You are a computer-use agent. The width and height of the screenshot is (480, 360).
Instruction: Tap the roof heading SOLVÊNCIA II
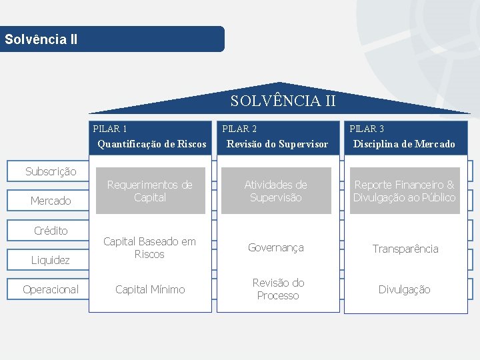[x=283, y=101]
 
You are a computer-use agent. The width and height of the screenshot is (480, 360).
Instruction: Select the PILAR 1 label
[x=110, y=129]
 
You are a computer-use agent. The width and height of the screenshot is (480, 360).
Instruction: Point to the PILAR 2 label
[x=239, y=129]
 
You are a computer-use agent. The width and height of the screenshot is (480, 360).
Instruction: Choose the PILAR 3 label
[x=367, y=129]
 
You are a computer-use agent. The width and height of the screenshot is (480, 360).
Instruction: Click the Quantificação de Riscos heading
[x=152, y=144]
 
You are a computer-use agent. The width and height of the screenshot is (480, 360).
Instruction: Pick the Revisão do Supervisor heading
[x=277, y=144]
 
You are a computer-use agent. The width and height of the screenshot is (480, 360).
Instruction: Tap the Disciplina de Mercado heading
[x=404, y=144]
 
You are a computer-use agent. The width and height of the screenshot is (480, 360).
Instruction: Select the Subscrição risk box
[x=51, y=171]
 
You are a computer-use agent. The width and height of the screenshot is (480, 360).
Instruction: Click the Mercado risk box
[x=51, y=201]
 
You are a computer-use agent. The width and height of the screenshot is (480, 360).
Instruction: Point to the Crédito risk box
[x=51, y=231]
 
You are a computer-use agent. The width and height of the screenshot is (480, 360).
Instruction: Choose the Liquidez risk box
[x=51, y=260]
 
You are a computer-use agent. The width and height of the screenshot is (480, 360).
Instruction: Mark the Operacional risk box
[x=51, y=289]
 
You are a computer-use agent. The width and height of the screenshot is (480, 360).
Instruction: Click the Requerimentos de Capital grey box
[x=150, y=191]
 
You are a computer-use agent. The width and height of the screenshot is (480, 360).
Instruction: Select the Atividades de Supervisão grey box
[x=276, y=191]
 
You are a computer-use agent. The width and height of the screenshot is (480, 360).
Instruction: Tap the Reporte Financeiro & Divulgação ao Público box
[x=405, y=191]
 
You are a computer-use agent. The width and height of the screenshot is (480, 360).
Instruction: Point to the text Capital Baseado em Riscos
[x=149, y=247]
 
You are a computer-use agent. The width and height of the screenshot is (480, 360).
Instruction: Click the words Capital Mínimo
[x=150, y=289]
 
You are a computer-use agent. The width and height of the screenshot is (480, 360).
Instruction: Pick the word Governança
[x=276, y=247]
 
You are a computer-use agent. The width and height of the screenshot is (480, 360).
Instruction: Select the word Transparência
[x=405, y=249]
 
